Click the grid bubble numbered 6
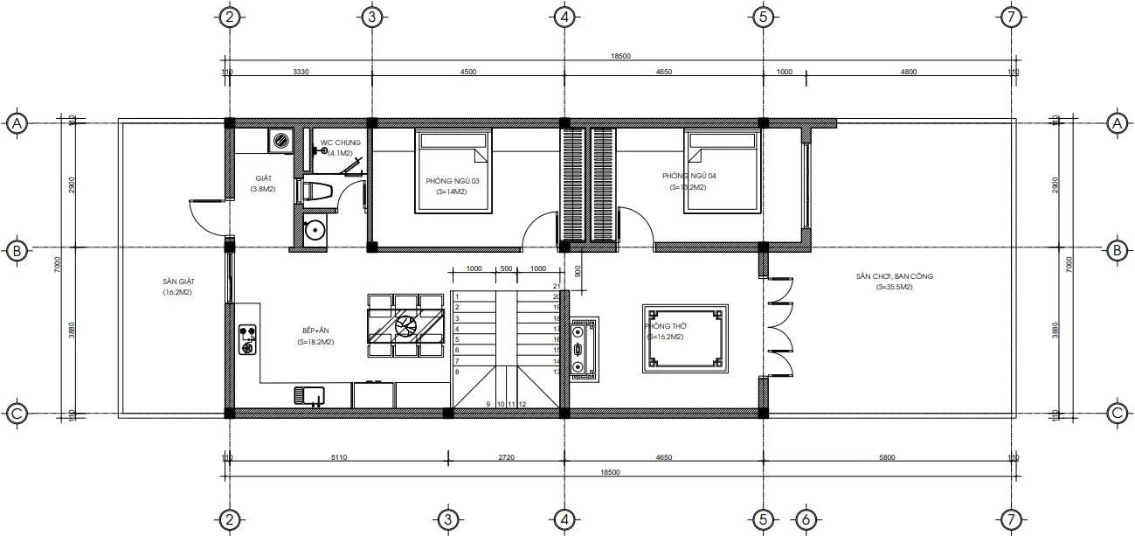[806, 519]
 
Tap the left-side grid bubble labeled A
[16, 124]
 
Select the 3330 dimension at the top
[300, 73]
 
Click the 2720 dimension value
[506, 457]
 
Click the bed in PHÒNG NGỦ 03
[453, 171]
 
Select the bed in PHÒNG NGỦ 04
[721, 171]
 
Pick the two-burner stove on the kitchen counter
[248, 340]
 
